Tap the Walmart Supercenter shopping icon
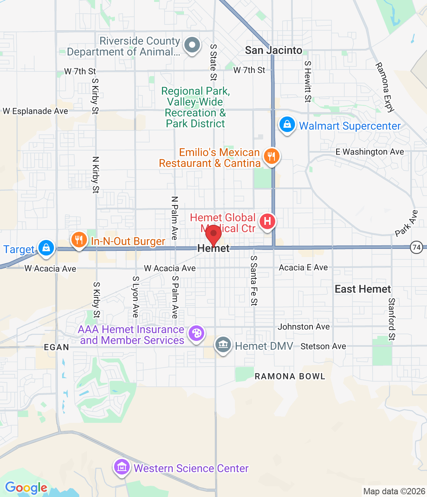coord(287,125)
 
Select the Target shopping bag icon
coord(46,248)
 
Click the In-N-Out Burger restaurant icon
coord(79,240)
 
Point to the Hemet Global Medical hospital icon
coord(267,222)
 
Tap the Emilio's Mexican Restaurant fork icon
coord(271,156)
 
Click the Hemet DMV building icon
coord(223,344)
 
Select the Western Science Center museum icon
coord(122,467)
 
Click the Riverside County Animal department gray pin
coord(192,45)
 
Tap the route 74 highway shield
coord(417,247)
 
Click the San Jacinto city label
coord(273,50)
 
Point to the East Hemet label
coord(363,289)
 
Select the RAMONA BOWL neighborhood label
coord(290,376)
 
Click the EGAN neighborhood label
coord(56,347)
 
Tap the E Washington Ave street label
coord(370,152)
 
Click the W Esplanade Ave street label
coord(35,111)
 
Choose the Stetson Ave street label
coord(323,346)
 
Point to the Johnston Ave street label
coord(304,327)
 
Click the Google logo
coord(26,488)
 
